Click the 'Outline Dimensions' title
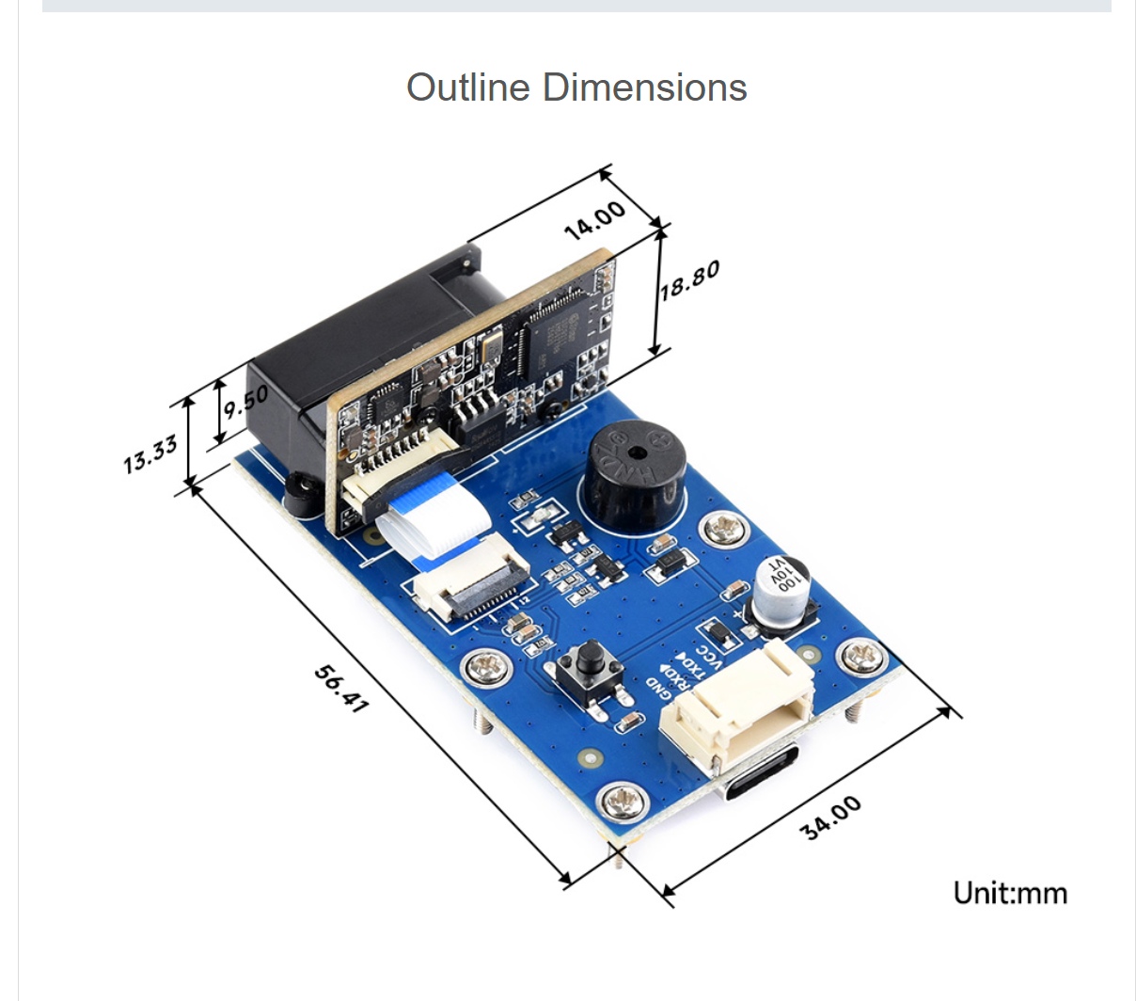(x=576, y=87)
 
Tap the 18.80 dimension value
(x=689, y=279)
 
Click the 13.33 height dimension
(x=150, y=454)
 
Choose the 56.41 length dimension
(x=340, y=688)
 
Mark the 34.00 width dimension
(x=830, y=818)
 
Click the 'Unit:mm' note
(x=1010, y=893)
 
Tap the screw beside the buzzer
(x=723, y=528)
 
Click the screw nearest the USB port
(x=624, y=801)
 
